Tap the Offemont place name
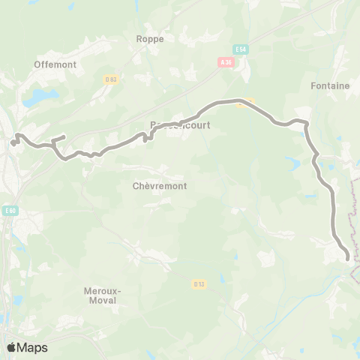coord(55,64)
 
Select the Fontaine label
coord(330,86)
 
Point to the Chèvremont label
coord(159,185)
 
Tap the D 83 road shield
coord(110,79)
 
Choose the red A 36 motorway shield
coord(226,62)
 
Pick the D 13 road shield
coord(198,283)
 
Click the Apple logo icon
coord(12,347)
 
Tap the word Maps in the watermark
coord(33,347)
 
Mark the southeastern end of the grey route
coord(348,258)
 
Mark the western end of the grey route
coord(13,142)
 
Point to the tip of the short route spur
coord(64,136)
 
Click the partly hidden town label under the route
coord(177,125)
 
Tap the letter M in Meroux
coord(86,289)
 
